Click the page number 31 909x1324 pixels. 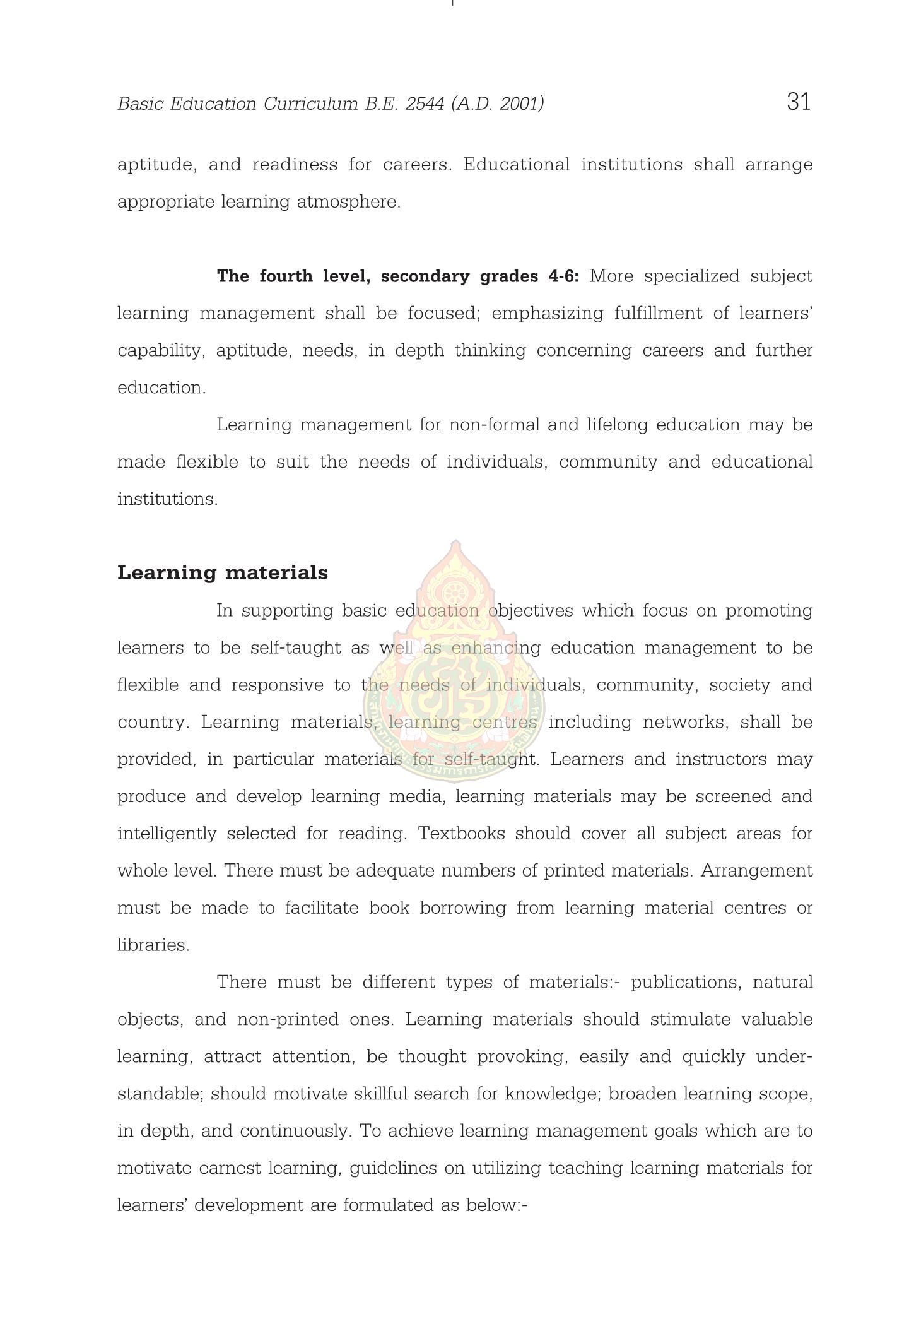[799, 102]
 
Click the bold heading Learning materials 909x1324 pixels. [223, 573]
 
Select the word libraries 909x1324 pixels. [153, 945]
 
